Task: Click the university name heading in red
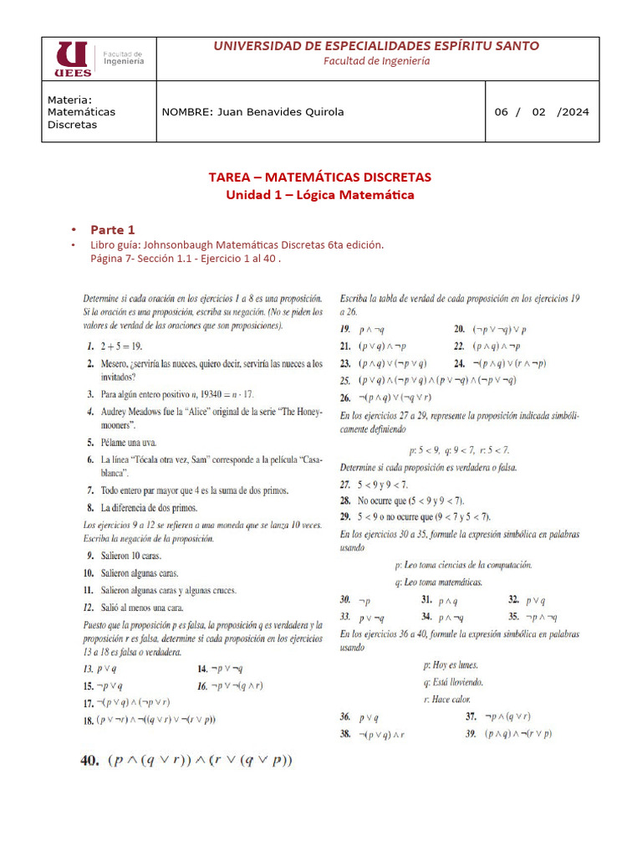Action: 376,46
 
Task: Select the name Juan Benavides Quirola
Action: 252,112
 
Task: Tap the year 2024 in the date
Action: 572,112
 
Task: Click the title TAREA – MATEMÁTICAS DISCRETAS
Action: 320,177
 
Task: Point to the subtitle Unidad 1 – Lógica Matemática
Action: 320,195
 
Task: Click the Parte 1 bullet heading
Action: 112,229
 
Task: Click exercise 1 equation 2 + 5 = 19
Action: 119,345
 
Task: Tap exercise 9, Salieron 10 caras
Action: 130,555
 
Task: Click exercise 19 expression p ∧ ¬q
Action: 372,330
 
